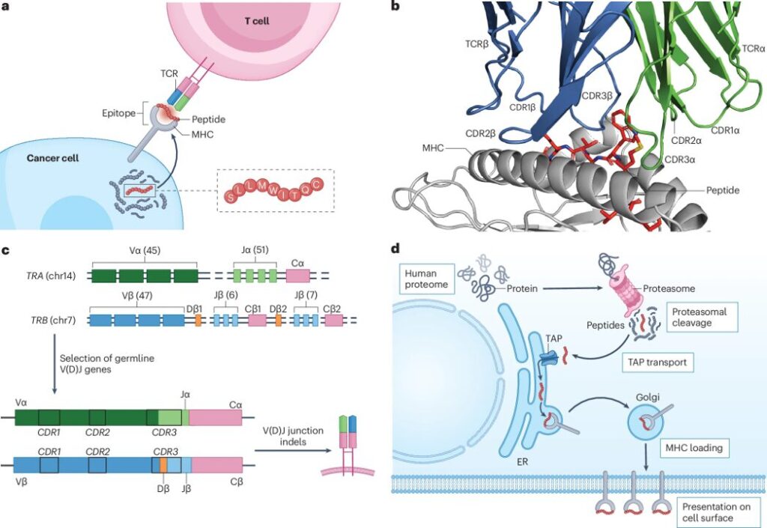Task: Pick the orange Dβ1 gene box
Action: pyautogui.click(x=198, y=320)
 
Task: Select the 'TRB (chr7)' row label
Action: pyautogui.click(x=49, y=321)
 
